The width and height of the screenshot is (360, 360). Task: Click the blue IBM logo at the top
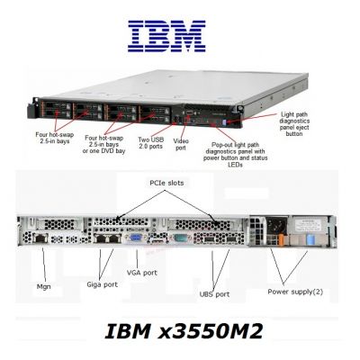(x=166, y=36)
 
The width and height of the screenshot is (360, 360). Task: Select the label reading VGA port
(x=142, y=273)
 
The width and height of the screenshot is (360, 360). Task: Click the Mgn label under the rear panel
(x=43, y=287)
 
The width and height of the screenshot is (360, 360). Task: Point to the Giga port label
(x=102, y=284)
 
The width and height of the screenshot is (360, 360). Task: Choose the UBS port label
(x=214, y=294)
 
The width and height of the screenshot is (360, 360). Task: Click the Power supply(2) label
(x=295, y=292)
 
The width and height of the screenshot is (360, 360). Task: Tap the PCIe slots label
(x=166, y=183)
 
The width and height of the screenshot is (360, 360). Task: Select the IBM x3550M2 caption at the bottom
(x=184, y=331)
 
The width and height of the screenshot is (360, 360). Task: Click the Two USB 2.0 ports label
(x=151, y=143)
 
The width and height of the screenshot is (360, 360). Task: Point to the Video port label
(x=181, y=144)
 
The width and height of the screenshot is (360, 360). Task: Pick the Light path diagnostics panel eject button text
(x=294, y=124)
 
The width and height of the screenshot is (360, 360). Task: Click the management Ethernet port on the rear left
(x=40, y=238)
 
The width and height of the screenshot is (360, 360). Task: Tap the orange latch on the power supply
(x=281, y=241)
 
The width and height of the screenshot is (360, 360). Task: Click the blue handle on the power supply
(x=310, y=240)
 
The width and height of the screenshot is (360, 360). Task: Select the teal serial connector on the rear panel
(x=181, y=238)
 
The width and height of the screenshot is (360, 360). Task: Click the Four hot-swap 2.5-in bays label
(x=55, y=138)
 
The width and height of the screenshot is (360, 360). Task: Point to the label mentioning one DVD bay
(x=103, y=144)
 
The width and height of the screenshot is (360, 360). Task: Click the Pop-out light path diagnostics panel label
(x=236, y=155)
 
